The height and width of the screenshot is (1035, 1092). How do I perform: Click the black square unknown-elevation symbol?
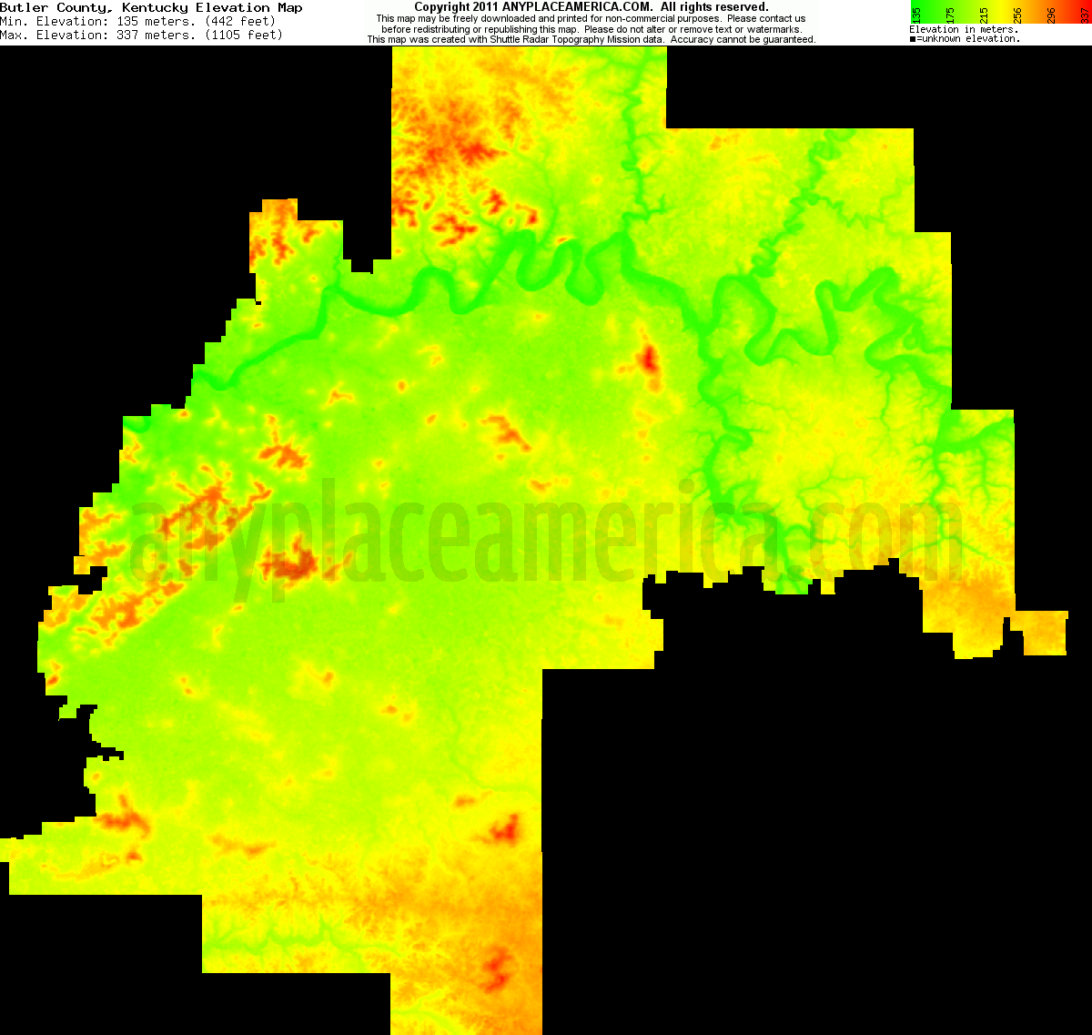[913, 39]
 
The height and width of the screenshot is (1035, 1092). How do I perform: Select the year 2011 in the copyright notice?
[486, 7]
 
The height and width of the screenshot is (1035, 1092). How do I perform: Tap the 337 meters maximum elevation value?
[154, 35]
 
